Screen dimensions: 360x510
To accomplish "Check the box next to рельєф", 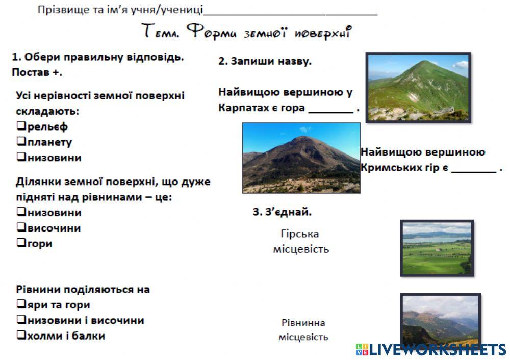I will (21, 126).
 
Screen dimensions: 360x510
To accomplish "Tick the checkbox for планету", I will (21, 142).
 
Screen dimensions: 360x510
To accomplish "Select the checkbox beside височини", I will (21, 228).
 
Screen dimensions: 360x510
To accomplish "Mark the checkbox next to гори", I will (21, 243).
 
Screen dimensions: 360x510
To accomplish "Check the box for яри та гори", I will (21, 305).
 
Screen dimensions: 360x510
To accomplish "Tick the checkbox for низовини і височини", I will (21, 320).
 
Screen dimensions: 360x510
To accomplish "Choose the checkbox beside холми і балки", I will (21, 336).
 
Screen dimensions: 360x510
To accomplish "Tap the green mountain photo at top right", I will (418, 87).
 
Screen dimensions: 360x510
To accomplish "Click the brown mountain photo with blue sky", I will (301, 158).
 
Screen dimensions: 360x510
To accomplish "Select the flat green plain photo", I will (437, 248).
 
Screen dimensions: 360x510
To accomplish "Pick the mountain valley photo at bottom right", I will (440, 319).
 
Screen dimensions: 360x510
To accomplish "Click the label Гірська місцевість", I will (300, 241).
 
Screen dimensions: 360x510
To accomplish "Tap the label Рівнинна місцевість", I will (303, 330).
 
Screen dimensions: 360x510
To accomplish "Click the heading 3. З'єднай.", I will (282, 212).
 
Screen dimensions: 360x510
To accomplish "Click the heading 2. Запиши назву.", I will (265, 62).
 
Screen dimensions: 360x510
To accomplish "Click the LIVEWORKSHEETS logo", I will (431, 350).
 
